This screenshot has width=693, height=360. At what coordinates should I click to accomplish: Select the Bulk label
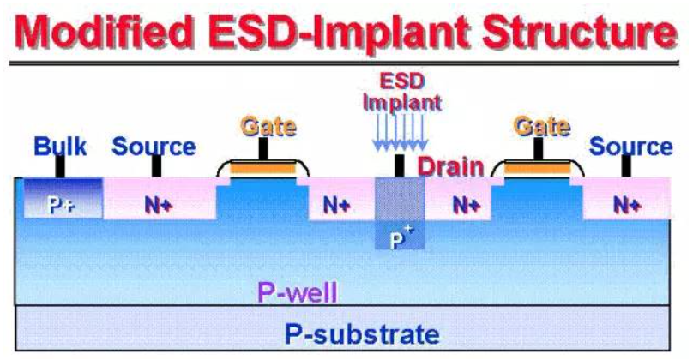(x=60, y=147)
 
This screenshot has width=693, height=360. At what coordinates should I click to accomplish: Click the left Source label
(x=154, y=147)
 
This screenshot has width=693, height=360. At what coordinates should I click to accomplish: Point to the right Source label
(x=630, y=147)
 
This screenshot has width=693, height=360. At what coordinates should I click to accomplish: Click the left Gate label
(x=268, y=126)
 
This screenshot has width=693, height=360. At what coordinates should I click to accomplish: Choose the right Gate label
(x=542, y=126)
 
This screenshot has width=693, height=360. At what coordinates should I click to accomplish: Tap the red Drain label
(x=450, y=167)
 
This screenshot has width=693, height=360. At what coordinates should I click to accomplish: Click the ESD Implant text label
(x=401, y=92)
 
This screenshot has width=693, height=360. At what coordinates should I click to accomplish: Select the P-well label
(x=298, y=292)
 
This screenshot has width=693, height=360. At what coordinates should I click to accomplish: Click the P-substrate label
(x=362, y=334)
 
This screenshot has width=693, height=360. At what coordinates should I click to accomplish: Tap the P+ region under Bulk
(x=63, y=198)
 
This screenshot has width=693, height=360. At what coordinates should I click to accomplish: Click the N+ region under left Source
(x=160, y=199)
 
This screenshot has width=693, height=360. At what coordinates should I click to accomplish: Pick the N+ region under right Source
(x=627, y=199)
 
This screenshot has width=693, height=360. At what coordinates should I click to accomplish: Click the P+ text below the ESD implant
(x=400, y=237)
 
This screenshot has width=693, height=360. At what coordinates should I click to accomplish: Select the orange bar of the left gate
(x=263, y=168)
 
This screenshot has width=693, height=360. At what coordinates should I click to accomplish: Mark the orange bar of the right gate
(x=537, y=168)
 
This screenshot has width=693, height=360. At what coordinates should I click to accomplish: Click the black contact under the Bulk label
(x=60, y=167)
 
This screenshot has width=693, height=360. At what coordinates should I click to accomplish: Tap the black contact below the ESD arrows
(x=399, y=165)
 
